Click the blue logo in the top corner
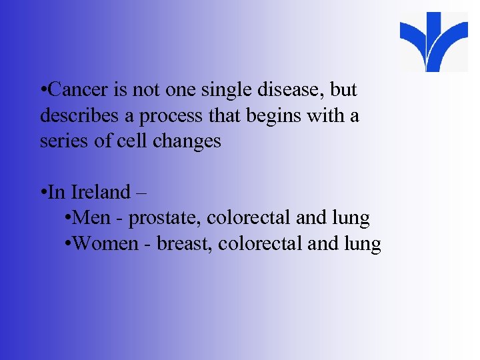click(433, 41)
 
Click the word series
click(59, 141)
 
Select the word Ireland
click(100, 192)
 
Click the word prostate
click(165, 219)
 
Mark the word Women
click(111, 244)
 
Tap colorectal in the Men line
click(249, 218)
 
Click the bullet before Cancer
click(43, 90)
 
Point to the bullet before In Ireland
click(43, 193)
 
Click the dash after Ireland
click(141, 193)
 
